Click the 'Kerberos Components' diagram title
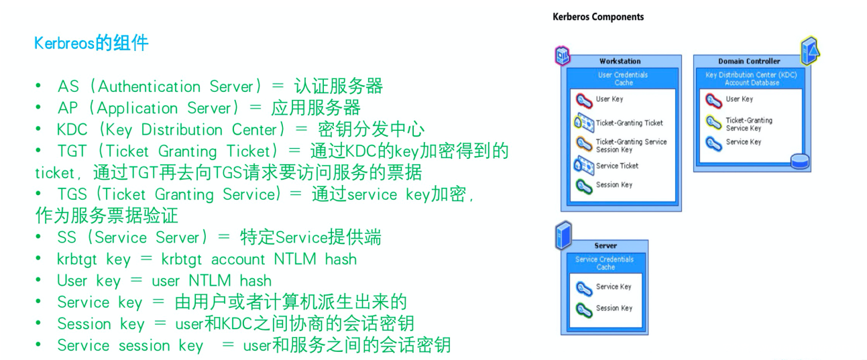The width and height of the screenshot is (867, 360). tap(598, 17)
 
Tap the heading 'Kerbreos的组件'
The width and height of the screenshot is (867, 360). tap(91, 43)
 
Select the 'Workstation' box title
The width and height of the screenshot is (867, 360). tap(620, 61)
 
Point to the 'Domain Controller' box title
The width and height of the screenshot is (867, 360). tap(749, 61)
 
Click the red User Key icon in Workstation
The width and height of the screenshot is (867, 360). tap(583, 101)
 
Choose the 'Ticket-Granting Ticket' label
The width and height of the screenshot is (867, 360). tap(630, 123)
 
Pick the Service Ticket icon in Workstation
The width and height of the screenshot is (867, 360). tap(583, 166)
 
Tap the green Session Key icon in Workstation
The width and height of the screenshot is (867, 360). tap(583, 186)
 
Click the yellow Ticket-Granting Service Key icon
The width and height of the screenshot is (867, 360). tap(713, 122)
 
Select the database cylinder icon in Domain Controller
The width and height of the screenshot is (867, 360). tap(799, 161)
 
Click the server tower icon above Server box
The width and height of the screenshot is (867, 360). tap(563, 235)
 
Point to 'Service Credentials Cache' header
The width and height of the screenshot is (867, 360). tap(605, 263)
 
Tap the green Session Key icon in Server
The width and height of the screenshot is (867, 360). tap(583, 310)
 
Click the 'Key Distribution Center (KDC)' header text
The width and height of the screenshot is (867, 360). tap(751, 74)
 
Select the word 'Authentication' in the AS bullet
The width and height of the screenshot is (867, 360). tap(149, 86)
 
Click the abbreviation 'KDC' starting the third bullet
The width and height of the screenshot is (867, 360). tap(72, 129)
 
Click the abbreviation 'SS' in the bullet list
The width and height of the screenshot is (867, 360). tap(66, 238)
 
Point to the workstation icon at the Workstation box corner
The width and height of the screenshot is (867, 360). tap(563, 56)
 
